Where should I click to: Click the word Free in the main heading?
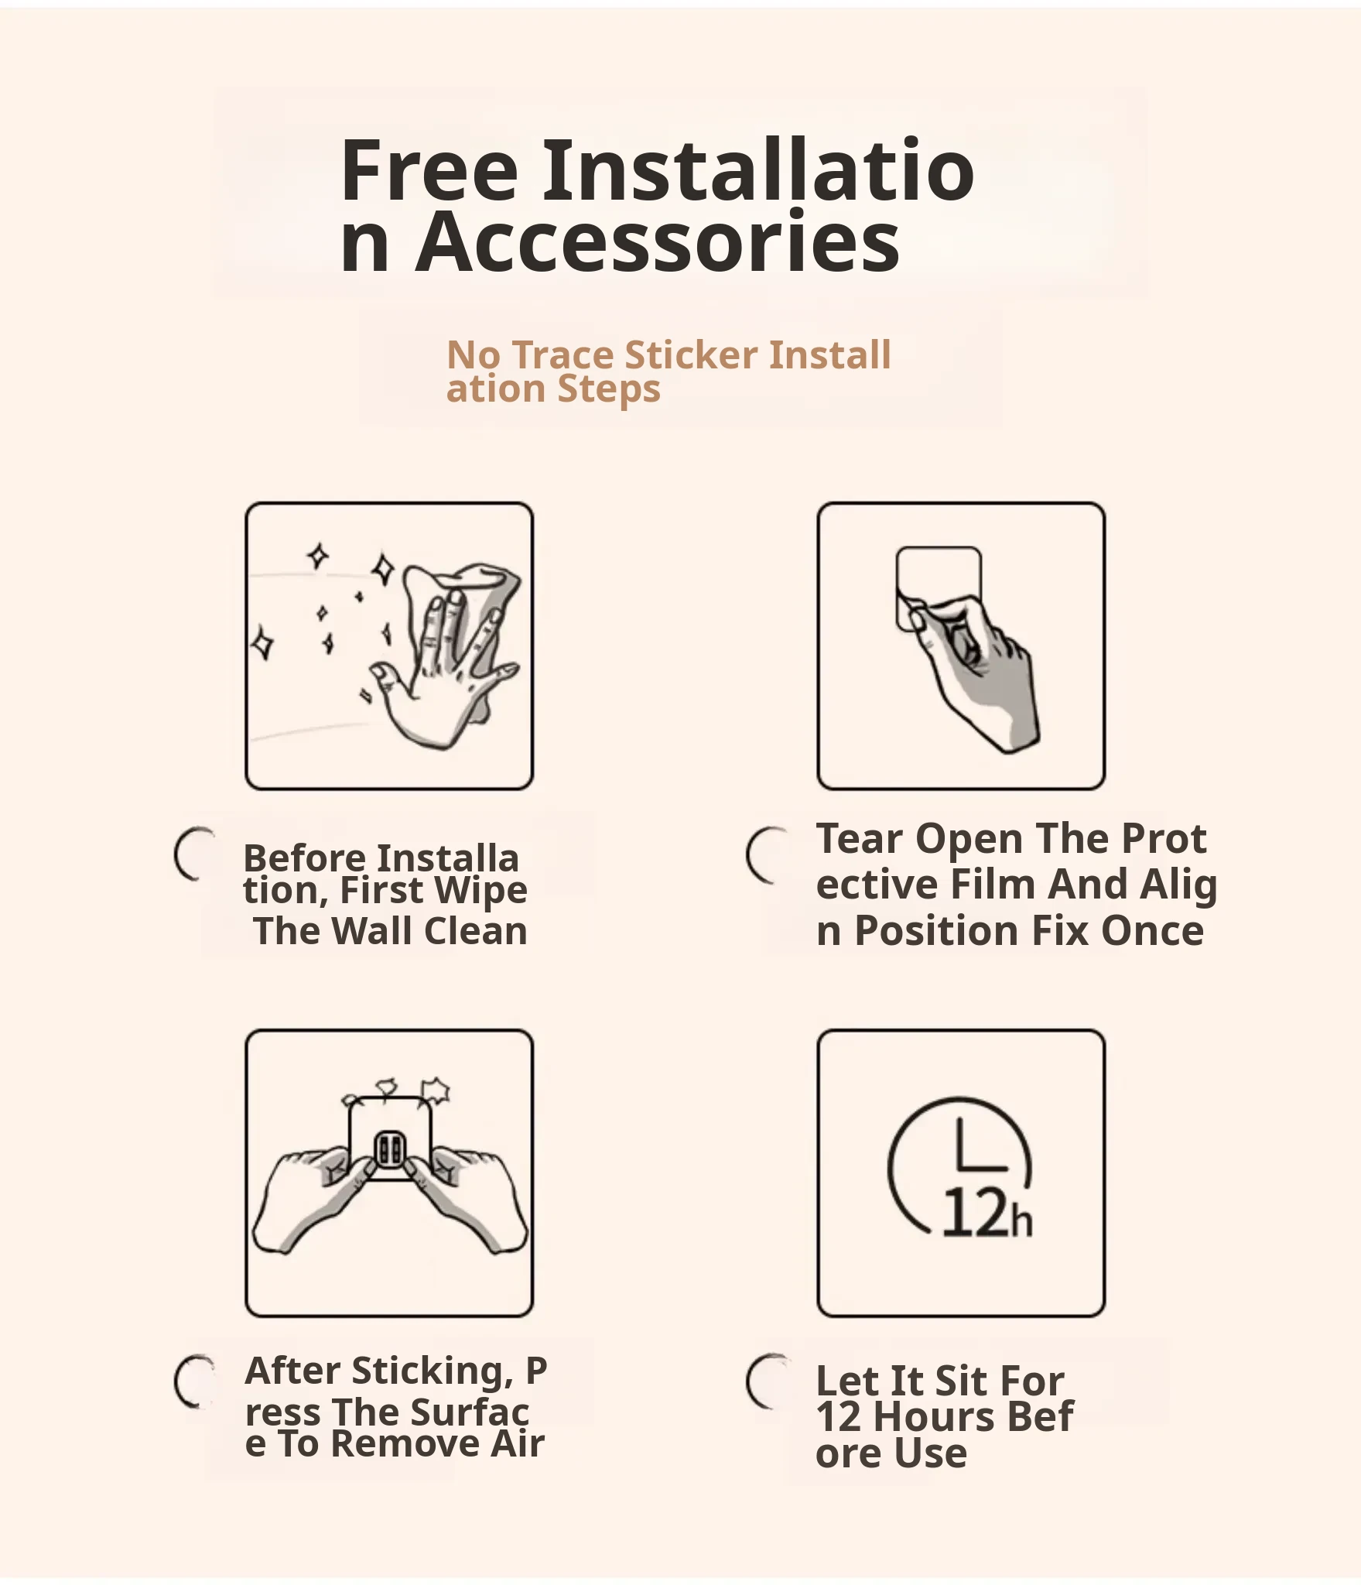pos(429,170)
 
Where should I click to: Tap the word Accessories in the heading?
pos(658,242)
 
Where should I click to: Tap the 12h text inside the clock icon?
pos(987,1213)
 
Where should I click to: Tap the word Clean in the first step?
pos(476,931)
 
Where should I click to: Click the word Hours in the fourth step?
pos(925,1417)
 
